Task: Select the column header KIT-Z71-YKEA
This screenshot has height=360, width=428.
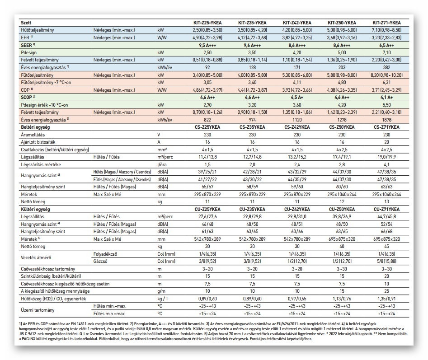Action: (386, 22)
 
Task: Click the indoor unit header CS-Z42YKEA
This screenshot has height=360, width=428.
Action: (296, 128)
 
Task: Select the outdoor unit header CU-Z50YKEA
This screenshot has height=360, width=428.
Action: (341, 210)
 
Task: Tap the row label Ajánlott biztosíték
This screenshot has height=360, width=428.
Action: (39, 141)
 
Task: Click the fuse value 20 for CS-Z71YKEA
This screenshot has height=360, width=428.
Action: (386, 141)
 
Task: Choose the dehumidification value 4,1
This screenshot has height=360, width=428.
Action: (386, 165)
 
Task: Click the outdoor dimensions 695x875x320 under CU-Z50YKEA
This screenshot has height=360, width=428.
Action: (341, 238)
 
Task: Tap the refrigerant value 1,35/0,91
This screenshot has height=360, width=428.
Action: (386, 299)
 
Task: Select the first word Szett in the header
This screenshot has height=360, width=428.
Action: (26, 22)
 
